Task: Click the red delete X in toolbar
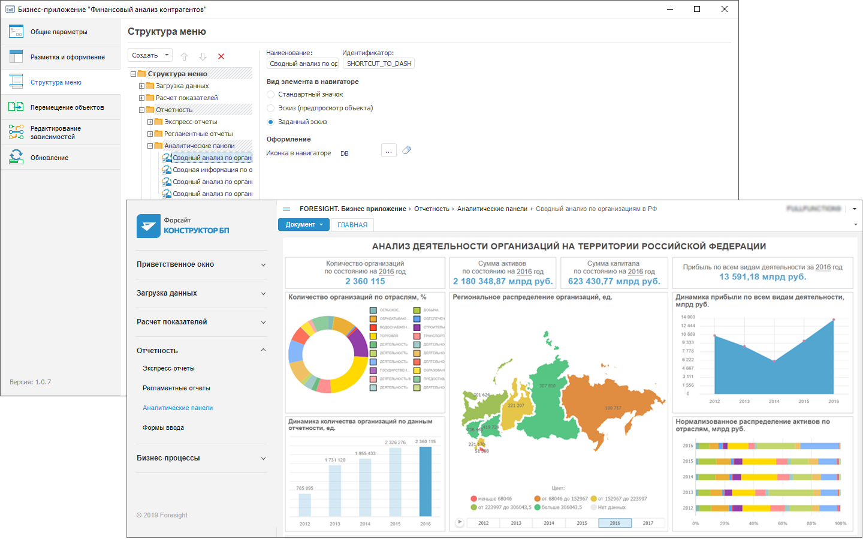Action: point(221,56)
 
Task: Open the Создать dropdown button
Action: point(150,55)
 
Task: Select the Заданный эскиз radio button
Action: point(271,122)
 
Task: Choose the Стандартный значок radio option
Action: point(271,94)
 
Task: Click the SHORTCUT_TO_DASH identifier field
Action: point(379,64)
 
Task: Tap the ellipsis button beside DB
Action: point(388,151)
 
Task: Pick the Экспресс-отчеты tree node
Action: point(191,122)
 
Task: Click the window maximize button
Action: point(697,9)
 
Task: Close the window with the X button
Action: point(725,9)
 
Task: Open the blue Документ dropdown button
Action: point(304,224)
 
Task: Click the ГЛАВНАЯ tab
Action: point(352,225)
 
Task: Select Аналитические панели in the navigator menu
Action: point(177,408)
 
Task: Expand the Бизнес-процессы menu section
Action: point(201,458)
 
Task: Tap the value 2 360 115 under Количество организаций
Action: point(365,281)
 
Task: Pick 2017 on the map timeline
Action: point(648,523)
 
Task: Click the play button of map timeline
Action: point(460,522)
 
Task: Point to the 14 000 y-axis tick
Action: point(687,317)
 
